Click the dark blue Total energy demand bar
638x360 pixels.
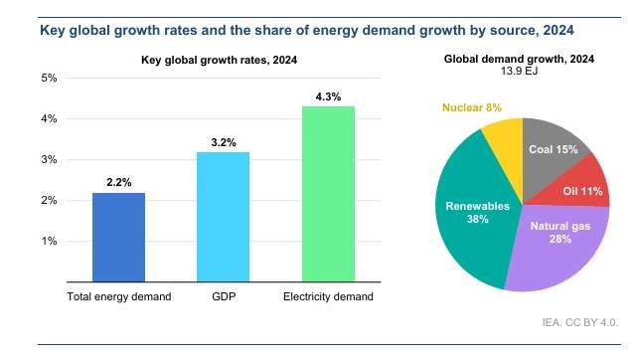[118, 237]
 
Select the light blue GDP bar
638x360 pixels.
[223, 217]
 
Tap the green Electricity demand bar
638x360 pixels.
[328, 194]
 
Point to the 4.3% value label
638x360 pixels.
[328, 96]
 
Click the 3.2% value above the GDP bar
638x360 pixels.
[224, 142]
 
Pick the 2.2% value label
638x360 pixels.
[119, 182]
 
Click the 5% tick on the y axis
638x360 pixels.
[49, 78]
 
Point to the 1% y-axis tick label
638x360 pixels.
[49, 241]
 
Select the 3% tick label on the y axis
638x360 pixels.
[49, 159]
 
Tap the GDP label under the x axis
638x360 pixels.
[224, 296]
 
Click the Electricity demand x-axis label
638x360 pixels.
[328, 296]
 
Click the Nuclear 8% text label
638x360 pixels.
[472, 107]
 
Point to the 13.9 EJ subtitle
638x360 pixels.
[519, 71]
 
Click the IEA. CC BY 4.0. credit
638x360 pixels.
[579, 322]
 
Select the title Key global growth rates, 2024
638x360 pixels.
[219, 60]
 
